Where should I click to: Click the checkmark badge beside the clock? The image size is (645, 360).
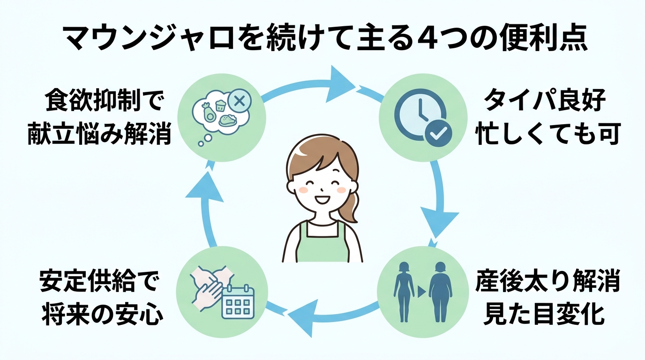coord(439,133)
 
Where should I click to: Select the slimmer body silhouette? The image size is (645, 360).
coord(404,291)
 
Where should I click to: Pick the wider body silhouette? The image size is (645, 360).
coord(441,291)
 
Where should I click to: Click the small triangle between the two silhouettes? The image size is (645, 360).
coord(421,292)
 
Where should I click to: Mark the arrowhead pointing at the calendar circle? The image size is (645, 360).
coord(300,319)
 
